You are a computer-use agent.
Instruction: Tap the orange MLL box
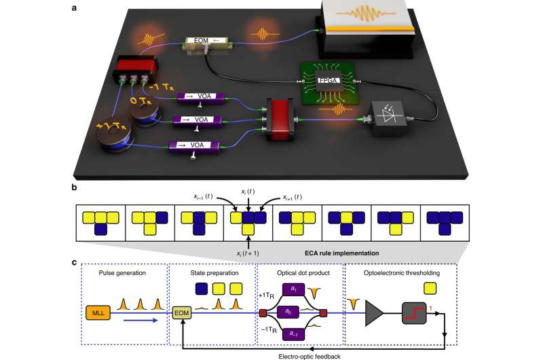pos(99,314)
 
